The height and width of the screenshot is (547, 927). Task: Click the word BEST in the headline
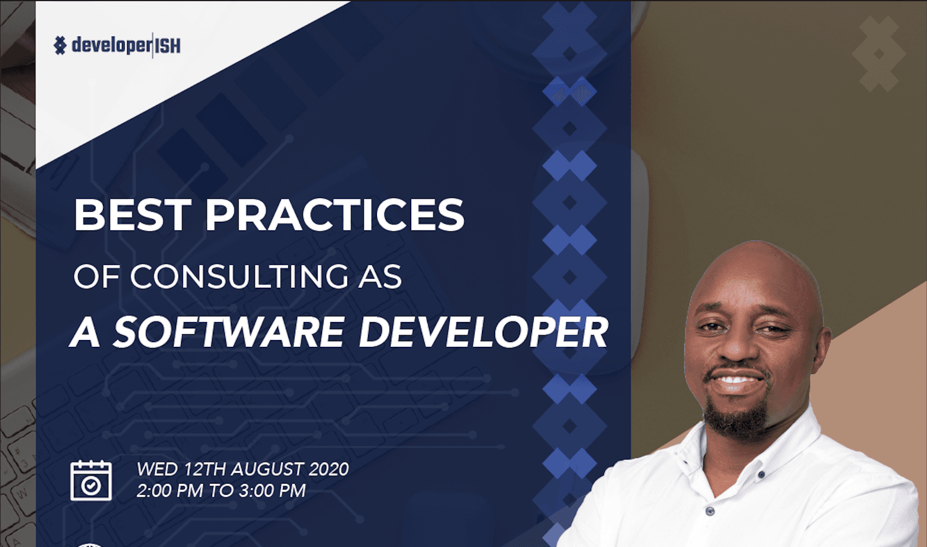[132, 215]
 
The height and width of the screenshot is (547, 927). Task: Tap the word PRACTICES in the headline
[335, 215]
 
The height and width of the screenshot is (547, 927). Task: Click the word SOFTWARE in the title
[229, 333]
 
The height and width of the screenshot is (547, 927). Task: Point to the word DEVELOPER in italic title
[483, 333]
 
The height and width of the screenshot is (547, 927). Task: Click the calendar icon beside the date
[91, 480]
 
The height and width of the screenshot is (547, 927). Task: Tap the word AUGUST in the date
[267, 469]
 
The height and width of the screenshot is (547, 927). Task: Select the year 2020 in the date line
[328, 469]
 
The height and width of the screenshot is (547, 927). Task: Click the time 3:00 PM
[272, 491]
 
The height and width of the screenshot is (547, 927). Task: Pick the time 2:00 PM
[169, 491]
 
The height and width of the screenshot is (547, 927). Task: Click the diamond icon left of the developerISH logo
[60, 45]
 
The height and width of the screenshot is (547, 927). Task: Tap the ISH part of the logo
[168, 46]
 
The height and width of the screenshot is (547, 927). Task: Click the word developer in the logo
[111, 45]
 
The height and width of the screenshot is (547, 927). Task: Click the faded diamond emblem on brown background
[879, 54]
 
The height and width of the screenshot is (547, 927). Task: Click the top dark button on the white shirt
[761, 475]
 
